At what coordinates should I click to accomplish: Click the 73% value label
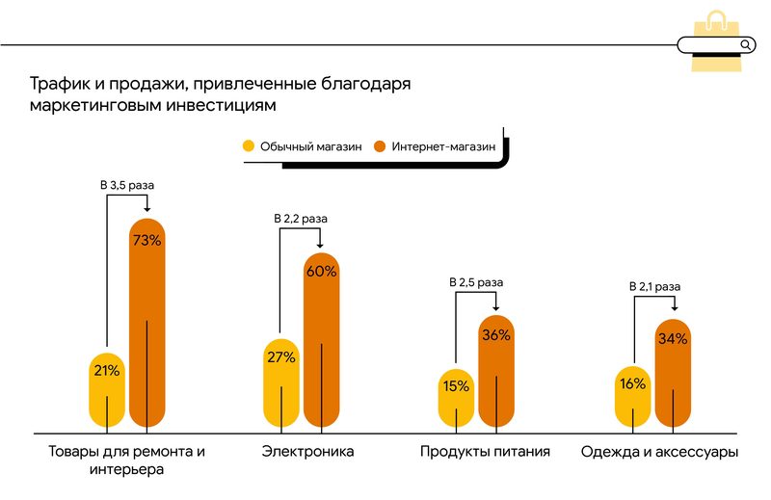coord(146,240)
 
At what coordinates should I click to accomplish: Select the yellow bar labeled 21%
coord(106,385)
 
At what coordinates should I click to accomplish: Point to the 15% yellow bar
coord(456,397)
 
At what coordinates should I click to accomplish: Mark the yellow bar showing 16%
coord(632,396)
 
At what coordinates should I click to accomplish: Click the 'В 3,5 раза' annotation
coord(127,183)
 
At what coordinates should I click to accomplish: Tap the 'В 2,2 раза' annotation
coord(302,220)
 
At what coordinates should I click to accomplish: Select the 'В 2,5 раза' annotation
coord(476,282)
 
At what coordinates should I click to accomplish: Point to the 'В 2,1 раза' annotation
coord(654,286)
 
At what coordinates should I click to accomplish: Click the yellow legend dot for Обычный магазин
coord(249,146)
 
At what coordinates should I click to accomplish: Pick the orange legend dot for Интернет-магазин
coord(380,146)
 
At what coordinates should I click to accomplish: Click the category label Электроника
coord(308,451)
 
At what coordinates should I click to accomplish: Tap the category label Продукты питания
coord(485,451)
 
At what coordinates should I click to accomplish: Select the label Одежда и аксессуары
coord(660,451)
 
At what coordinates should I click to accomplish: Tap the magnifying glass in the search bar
coord(745,44)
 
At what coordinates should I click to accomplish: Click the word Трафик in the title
coord(57,84)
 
